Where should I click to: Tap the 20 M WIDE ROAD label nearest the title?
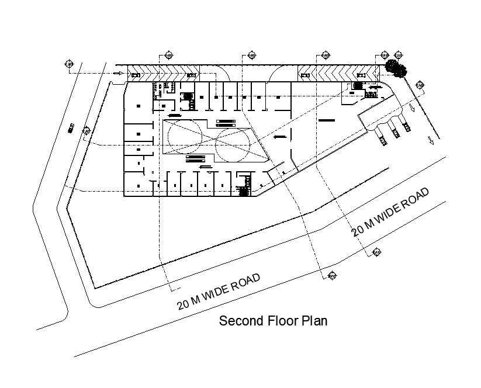pyautogui.click(x=219, y=292)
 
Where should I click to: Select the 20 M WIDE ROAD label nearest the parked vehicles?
pyautogui.click(x=391, y=211)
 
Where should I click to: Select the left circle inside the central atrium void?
pyautogui.click(x=185, y=138)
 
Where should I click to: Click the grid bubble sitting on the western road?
pyautogui.click(x=86, y=130)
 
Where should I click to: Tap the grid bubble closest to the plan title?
pyautogui.click(x=333, y=275)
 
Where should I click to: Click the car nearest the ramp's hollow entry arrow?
pyautogui.click(x=135, y=75)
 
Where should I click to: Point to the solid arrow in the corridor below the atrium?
pyautogui.click(x=205, y=168)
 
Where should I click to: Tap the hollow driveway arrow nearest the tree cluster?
pyautogui.click(x=413, y=108)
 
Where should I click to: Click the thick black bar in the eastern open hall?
pyautogui.click(x=327, y=120)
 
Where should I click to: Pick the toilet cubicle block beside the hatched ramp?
pyautogui.click(x=157, y=89)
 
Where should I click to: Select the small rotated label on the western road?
pyautogui.click(x=71, y=126)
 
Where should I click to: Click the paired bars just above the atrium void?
pyautogui.click(x=225, y=123)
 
